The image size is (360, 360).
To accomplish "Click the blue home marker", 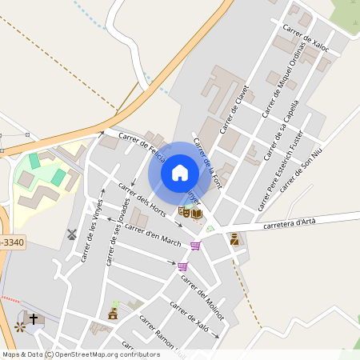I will (180, 173).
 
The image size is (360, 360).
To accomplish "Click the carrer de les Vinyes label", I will (91, 231).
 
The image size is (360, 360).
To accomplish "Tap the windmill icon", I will (70, 234).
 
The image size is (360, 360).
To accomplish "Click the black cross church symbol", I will (34, 319).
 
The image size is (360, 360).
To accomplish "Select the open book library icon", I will (197, 213).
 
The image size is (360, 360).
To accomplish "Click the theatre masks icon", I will (185, 212).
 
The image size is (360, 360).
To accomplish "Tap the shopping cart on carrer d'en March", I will (195, 245).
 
